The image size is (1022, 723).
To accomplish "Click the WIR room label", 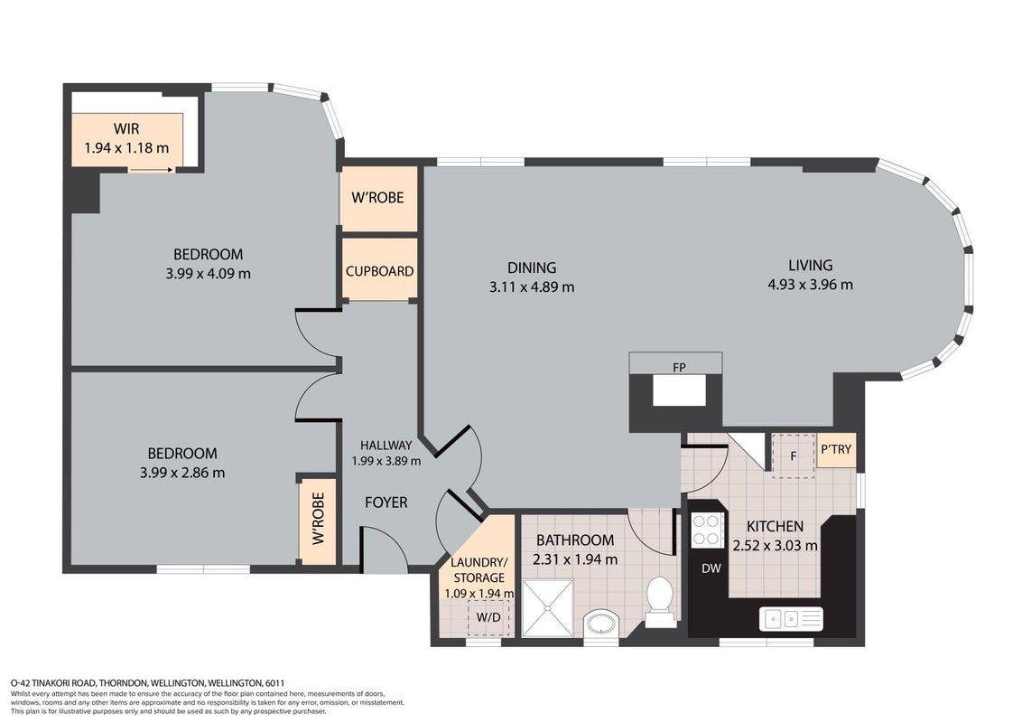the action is (x=126, y=128).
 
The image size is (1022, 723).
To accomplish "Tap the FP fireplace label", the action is (x=679, y=368).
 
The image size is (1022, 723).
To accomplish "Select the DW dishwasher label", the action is (x=711, y=568).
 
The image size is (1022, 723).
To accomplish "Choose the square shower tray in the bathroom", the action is (x=548, y=607).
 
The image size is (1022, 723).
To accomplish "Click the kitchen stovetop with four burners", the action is (x=707, y=530).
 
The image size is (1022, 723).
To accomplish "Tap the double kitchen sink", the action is (x=791, y=618).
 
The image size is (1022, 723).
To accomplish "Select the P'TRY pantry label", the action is (x=836, y=449).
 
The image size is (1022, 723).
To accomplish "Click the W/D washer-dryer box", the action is (x=488, y=617).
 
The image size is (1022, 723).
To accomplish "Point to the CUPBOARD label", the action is (x=379, y=271).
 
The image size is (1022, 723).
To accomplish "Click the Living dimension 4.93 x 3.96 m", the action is (x=810, y=285).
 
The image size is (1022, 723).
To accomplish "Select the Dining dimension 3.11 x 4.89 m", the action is (x=532, y=286).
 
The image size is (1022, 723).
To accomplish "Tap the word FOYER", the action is (x=386, y=502).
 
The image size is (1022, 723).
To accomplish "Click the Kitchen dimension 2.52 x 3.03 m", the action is (x=775, y=546).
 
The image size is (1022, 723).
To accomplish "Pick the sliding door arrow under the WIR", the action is (x=151, y=170).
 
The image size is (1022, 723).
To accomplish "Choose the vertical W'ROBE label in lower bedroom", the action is (x=318, y=519).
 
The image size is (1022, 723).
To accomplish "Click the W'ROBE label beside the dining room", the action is (x=377, y=198).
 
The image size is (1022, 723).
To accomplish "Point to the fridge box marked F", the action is (x=794, y=455).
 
